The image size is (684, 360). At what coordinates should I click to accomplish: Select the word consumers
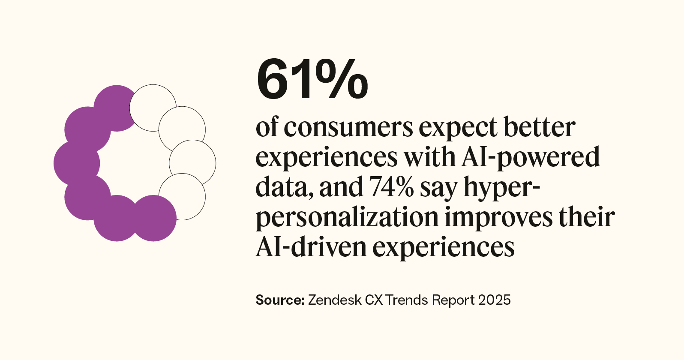point(348,128)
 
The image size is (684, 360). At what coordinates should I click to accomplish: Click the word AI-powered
point(531,158)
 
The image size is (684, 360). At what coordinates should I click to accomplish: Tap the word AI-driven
point(310,247)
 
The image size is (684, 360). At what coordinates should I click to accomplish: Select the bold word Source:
point(280,300)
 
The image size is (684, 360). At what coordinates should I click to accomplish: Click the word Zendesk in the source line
point(334,300)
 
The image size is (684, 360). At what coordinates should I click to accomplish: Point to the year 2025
point(495,300)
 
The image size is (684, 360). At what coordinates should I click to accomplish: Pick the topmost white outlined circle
point(153,107)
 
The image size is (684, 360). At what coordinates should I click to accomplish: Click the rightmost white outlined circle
point(192,163)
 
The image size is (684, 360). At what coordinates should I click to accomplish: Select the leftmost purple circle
point(76,163)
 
